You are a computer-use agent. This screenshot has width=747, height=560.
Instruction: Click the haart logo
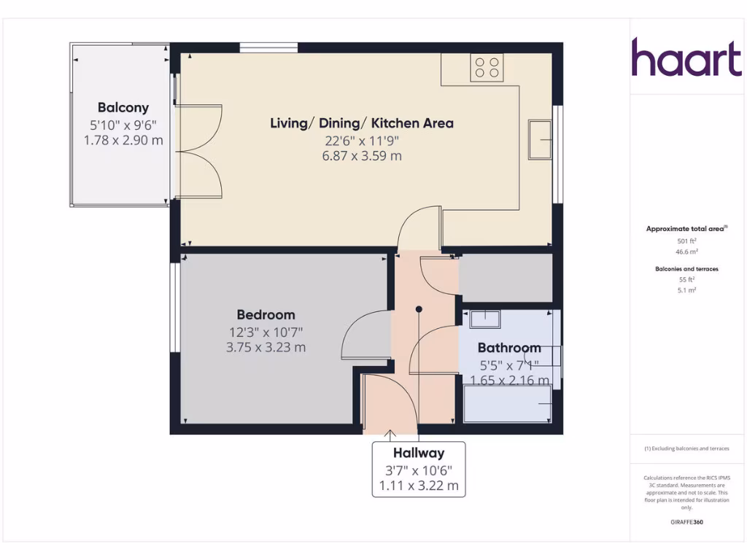click(686, 58)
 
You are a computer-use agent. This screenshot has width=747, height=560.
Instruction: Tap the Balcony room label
click(123, 107)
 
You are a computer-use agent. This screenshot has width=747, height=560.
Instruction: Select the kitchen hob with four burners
click(487, 68)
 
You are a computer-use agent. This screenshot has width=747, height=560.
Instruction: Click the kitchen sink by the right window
click(540, 139)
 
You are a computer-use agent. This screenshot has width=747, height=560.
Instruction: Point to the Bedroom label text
click(266, 315)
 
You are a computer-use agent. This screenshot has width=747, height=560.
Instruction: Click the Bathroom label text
click(509, 348)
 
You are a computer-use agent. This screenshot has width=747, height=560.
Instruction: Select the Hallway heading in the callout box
click(419, 453)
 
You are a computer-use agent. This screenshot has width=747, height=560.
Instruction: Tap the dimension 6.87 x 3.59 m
click(362, 156)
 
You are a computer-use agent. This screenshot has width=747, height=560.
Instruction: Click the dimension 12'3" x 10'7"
click(266, 332)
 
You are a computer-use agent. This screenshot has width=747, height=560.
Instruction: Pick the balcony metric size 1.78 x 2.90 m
click(123, 140)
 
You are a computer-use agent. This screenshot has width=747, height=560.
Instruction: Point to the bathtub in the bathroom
click(507, 403)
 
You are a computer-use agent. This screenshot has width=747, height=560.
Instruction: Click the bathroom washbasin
click(484, 318)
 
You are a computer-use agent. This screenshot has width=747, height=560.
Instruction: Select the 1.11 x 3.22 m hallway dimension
click(419, 486)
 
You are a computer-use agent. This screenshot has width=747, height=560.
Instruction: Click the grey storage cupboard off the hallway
click(505, 277)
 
